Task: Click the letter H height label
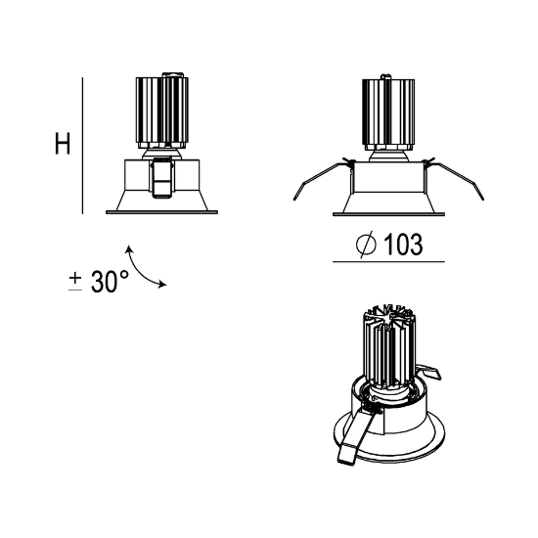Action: pyautogui.click(x=63, y=143)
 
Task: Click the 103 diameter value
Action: pyautogui.click(x=402, y=245)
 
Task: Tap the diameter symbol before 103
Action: pyautogui.click(x=366, y=244)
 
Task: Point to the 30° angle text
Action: pyautogui.click(x=110, y=281)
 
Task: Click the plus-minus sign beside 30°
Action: pyautogui.click(x=75, y=282)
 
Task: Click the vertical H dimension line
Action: pyautogui.click(x=82, y=146)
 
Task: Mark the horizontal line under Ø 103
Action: pyautogui.click(x=388, y=262)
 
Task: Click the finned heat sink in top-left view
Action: pyautogui.click(x=162, y=112)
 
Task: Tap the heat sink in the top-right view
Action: pyautogui.click(x=388, y=114)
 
